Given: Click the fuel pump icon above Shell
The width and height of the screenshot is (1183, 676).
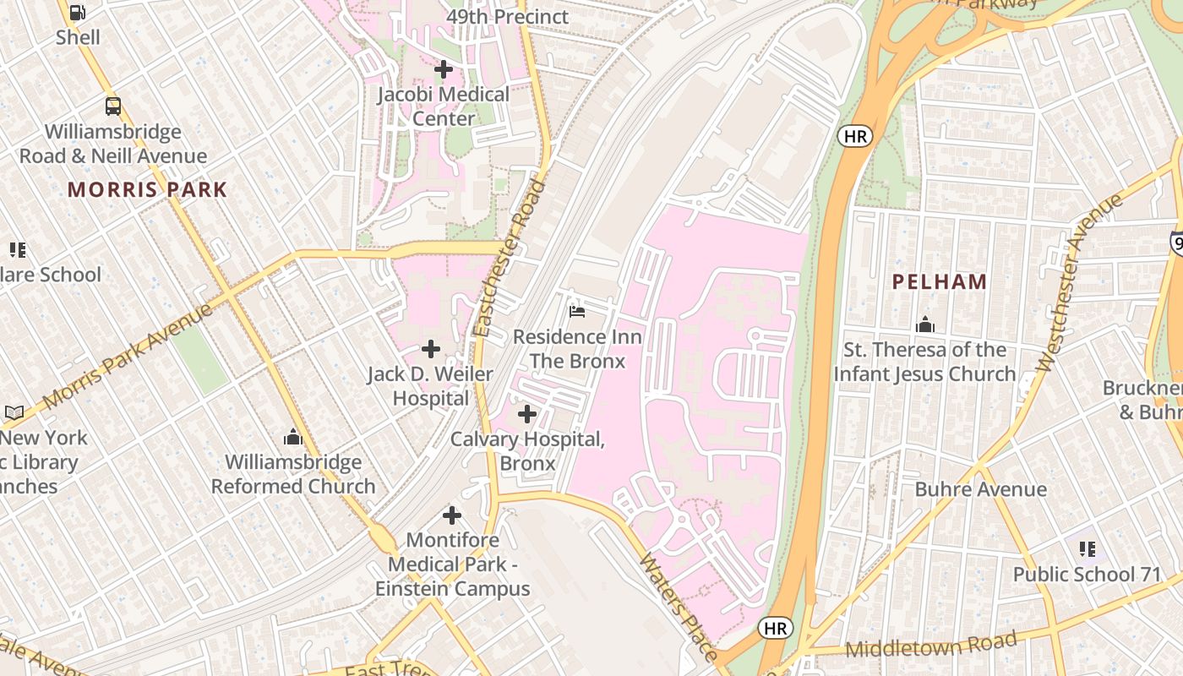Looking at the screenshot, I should (x=77, y=12).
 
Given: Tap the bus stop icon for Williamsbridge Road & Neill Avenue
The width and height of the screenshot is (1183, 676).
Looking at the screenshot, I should (x=112, y=106).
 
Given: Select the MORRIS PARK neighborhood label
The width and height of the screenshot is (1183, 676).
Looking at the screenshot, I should (x=148, y=189).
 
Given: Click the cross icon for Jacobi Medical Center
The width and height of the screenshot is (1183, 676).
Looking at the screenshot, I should (x=443, y=69).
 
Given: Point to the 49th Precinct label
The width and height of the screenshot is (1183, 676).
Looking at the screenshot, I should (x=507, y=16).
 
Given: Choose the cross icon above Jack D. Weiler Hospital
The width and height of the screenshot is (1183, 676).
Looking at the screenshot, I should (x=431, y=348).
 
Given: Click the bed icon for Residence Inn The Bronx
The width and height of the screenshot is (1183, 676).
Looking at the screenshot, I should (x=577, y=312).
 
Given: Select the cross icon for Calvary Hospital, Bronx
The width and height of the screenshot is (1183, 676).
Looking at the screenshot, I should (x=527, y=414).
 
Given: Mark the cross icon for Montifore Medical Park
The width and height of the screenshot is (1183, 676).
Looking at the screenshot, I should (x=452, y=515).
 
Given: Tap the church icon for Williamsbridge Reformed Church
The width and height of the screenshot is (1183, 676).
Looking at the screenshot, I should (x=293, y=437).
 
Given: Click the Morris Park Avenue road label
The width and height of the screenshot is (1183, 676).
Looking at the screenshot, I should (x=127, y=357).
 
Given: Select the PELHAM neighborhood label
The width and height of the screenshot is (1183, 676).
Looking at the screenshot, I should (x=940, y=282).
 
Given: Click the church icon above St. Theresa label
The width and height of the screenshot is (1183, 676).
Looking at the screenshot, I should (x=925, y=324).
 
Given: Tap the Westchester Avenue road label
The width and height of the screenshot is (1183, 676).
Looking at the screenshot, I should (x=1079, y=282).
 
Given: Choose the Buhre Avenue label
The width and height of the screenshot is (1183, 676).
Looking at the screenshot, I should (x=980, y=489).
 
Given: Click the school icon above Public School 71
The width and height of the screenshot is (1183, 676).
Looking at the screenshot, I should (x=1088, y=549).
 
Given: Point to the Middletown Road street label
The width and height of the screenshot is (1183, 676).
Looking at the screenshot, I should (x=930, y=646).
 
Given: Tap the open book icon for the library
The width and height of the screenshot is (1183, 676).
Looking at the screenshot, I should (x=14, y=412).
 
